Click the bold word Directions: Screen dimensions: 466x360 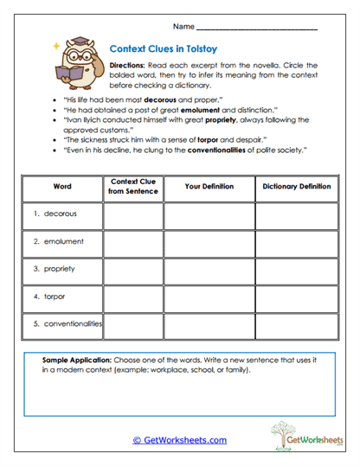tap(131, 66)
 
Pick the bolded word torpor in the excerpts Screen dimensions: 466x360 tap(203, 138)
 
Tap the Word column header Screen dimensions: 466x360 tap(62, 186)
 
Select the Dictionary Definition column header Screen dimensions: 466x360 tap(297, 186)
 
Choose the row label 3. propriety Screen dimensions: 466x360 tap(55, 269)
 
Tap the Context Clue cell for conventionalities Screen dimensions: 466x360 tap(133, 324)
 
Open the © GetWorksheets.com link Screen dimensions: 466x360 tap(179, 440)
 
